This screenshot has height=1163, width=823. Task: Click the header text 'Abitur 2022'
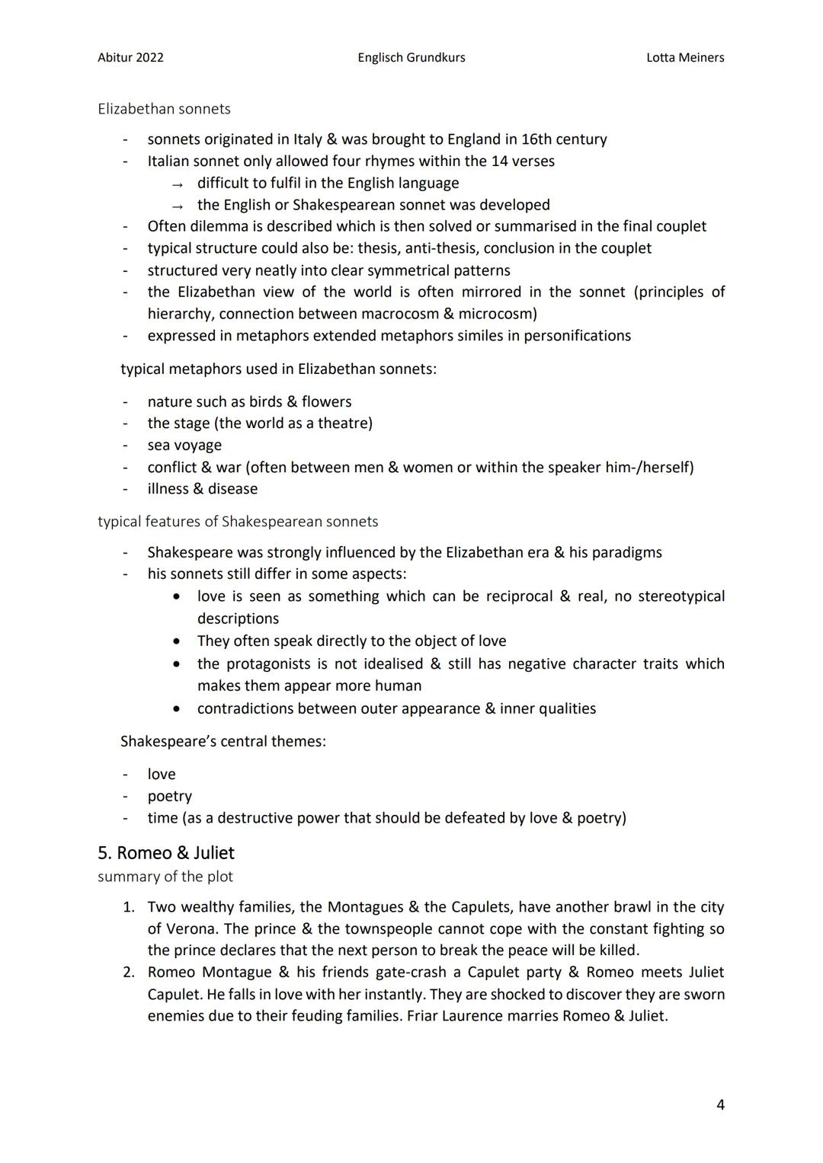click(130, 57)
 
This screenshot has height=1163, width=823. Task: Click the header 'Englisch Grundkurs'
click(411, 57)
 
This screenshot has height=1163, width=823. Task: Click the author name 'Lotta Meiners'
click(684, 57)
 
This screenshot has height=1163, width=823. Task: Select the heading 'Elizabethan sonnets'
click(164, 109)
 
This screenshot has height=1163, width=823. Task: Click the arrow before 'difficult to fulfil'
click(178, 184)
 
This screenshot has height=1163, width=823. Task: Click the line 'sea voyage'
click(184, 445)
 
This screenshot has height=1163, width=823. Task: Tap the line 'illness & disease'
click(202, 489)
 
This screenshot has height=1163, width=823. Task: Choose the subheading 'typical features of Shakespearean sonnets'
click(238, 522)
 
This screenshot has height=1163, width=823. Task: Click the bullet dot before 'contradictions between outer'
click(177, 709)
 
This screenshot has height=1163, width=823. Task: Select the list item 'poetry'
click(169, 796)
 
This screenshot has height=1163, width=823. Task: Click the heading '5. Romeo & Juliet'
click(166, 853)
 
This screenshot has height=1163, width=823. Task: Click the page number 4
click(720, 1104)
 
